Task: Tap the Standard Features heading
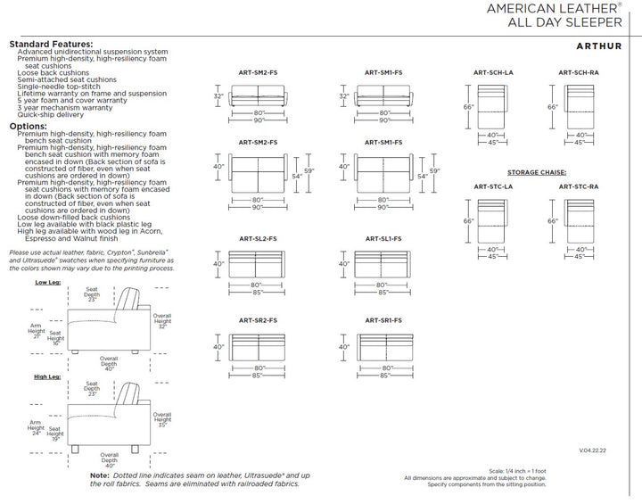[50, 44]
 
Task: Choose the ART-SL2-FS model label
[258, 239]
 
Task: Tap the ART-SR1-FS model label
[383, 319]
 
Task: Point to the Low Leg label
[48, 282]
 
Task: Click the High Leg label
[48, 377]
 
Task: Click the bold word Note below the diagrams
[100, 475]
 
